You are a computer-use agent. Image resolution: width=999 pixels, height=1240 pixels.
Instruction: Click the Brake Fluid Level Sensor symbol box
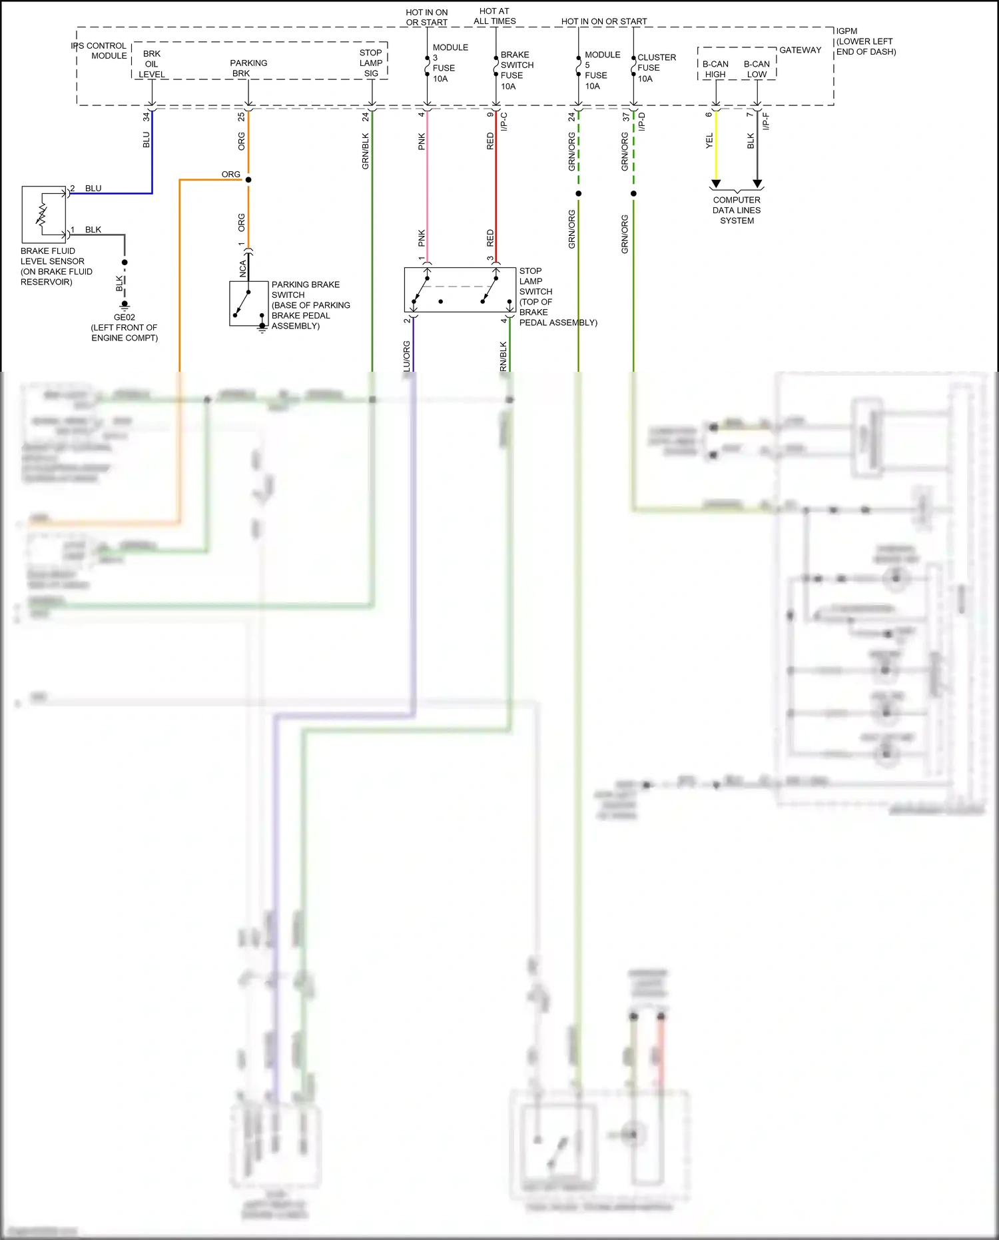pyautogui.click(x=43, y=215)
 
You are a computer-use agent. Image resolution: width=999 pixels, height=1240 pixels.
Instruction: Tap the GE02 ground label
pyautogui.click(x=125, y=318)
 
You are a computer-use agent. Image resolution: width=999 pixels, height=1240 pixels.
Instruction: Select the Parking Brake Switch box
pyautogui.click(x=249, y=303)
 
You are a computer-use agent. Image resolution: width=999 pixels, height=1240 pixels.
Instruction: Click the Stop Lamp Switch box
pyautogui.click(x=460, y=290)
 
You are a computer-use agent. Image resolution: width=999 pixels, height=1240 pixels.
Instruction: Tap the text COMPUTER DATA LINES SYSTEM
pyautogui.click(x=737, y=210)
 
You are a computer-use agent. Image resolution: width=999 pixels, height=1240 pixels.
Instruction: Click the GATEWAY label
pyautogui.click(x=800, y=50)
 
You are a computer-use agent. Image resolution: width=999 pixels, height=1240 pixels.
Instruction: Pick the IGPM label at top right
pyautogui.click(x=846, y=31)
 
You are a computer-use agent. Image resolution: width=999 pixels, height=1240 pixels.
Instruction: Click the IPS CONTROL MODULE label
pyautogui.click(x=100, y=51)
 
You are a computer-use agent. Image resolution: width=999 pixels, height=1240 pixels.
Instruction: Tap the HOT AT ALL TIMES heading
pyautogui.click(x=494, y=16)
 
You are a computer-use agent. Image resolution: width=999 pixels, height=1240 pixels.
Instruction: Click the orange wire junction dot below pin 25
pyautogui.click(x=248, y=180)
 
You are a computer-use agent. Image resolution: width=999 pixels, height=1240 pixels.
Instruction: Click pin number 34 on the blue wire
pyautogui.click(x=146, y=117)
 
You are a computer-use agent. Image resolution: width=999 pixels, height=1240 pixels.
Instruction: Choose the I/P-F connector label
pyautogui.click(x=766, y=121)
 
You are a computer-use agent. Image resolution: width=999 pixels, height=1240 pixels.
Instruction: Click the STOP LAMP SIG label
pyautogui.click(x=371, y=63)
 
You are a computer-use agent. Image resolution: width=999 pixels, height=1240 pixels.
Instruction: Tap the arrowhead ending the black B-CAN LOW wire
pyautogui.click(x=757, y=184)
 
